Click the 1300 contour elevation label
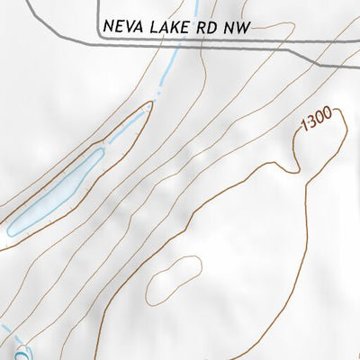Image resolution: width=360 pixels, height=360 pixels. pyautogui.click(x=317, y=118)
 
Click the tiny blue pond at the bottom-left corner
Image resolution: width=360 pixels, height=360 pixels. pyautogui.click(x=22, y=354)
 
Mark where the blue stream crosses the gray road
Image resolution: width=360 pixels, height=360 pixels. pyautogui.click(x=172, y=40)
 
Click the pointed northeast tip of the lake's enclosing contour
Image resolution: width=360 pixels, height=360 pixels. pyautogui.click(x=150, y=103)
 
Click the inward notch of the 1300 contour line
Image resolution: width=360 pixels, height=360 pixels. pyautogui.click(x=295, y=166)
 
